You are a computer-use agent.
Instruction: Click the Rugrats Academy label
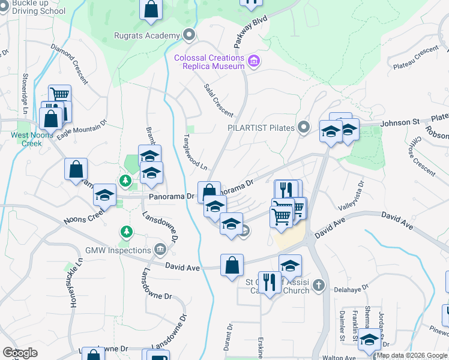[146, 35]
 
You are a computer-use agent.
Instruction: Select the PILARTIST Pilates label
[261, 128]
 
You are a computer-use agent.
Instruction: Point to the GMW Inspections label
[118, 250]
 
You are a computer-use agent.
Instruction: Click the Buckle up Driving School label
[34, 7]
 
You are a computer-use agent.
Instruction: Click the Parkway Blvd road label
[250, 34]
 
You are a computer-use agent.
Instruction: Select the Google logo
[20, 353]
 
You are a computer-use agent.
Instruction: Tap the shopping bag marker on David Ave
[232, 265]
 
